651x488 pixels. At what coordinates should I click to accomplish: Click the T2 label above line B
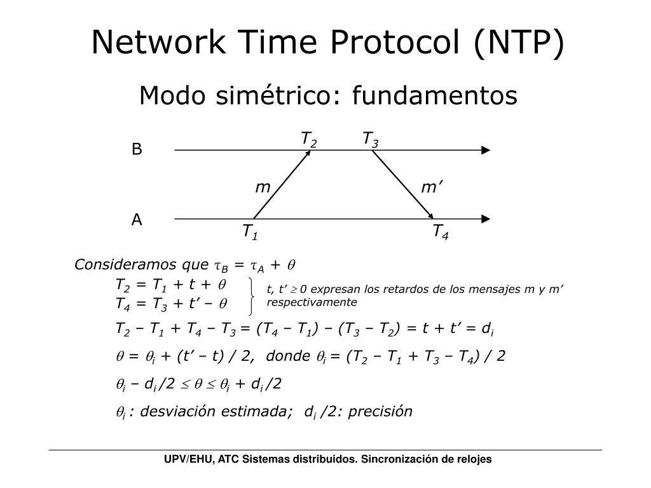[x=309, y=139]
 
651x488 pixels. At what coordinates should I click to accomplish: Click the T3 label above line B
[x=371, y=139]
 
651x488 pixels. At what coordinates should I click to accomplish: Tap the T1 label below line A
[x=249, y=232]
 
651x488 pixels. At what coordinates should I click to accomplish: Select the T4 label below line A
[x=441, y=232]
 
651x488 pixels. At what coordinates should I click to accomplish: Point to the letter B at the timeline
[x=137, y=150]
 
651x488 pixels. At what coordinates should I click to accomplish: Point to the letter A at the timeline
[x=137, y=220]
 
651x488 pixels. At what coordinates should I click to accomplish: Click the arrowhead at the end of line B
[x=486, y=151]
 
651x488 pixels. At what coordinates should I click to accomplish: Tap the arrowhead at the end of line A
[x=486, y=219]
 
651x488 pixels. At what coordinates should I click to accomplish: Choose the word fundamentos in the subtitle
[x=435, y=96]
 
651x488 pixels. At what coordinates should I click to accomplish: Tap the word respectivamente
[x=312, y=302]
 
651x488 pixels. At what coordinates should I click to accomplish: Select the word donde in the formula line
[x=288, y=356]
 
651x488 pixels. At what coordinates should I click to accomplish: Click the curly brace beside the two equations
[x=254, y=295]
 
